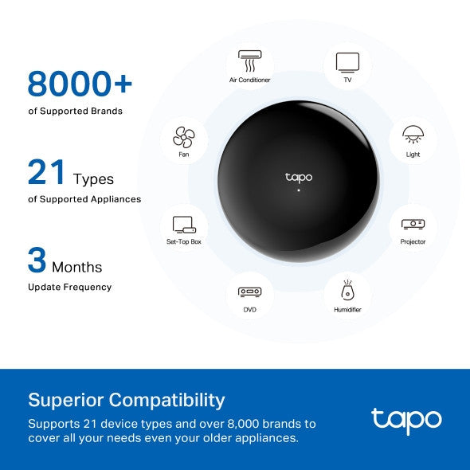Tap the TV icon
[347, 61]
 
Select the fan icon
[184, 137]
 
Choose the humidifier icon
[347, 290]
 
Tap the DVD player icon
[249, 292]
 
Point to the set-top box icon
[184, 225]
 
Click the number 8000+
[80, 83]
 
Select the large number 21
[47, 171]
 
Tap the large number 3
[37, 260]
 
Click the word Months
[77, 267]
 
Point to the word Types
[93, 179]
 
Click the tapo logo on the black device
[299, 177]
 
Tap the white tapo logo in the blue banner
[405, 419]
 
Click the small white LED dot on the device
[299, 191]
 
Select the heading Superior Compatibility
[127, 399]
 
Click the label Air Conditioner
[249, 80]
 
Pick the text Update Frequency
[69, 287]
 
